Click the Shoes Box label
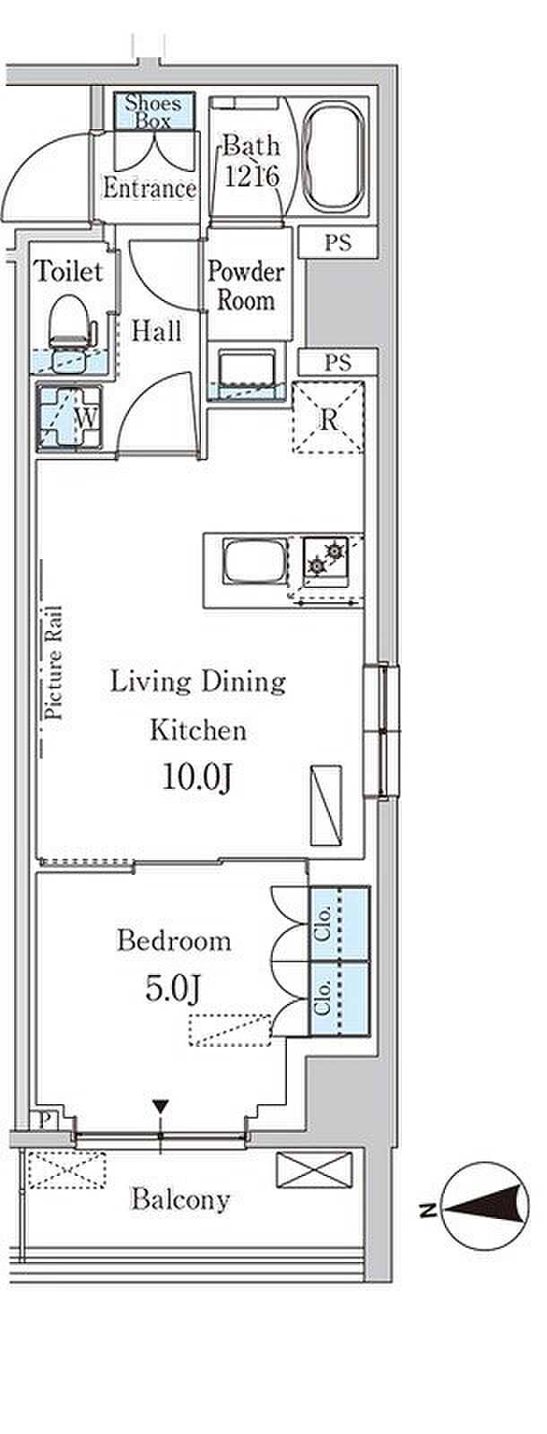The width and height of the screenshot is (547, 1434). (152, 111)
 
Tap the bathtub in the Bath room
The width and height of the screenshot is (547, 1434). (334, 158)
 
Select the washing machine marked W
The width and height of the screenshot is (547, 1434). (69, 417)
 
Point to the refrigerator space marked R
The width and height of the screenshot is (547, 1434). (328, 418)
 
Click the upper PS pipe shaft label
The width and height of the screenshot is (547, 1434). (337, 243)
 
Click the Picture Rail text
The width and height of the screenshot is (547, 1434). (54, 662)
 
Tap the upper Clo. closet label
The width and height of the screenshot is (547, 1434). (323, 923)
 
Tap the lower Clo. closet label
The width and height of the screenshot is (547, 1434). (323, 998)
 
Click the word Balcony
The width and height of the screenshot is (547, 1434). (180, 1199)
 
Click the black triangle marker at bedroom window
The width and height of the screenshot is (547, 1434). (161, 1106)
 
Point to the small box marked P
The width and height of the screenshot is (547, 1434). (46, 1120)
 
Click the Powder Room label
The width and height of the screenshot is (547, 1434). (246, 286)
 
